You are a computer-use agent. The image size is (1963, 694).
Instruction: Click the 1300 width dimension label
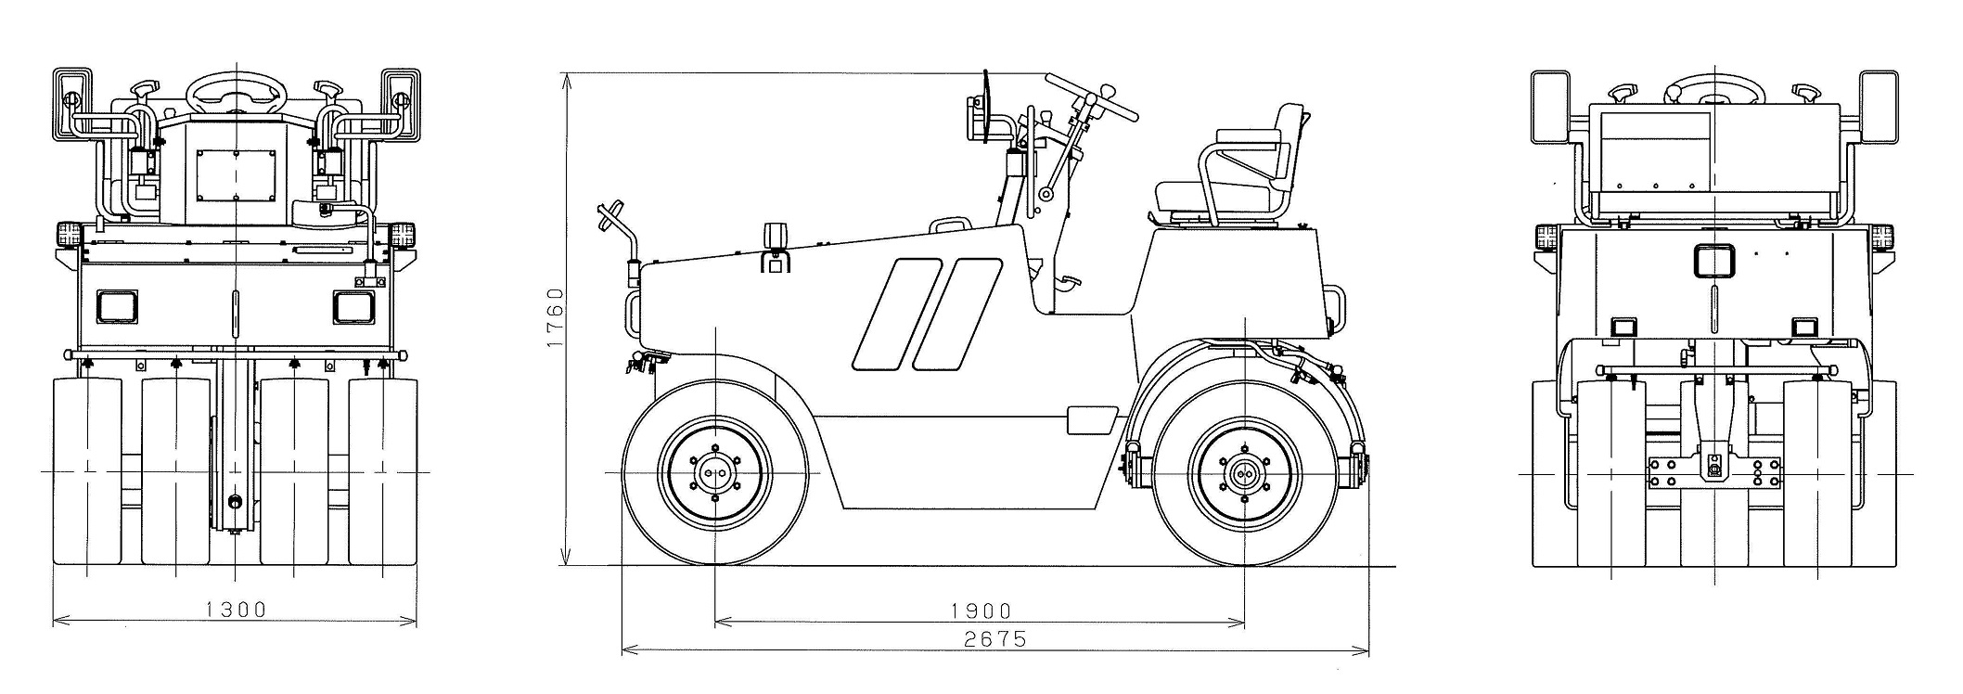(236, 610)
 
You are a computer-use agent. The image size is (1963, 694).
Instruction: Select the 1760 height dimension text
(556, 317)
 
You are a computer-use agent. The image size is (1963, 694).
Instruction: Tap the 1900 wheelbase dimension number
(981, 610)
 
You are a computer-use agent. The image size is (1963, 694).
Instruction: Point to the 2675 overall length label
(995, 639)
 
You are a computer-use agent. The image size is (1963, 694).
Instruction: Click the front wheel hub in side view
(715, 472)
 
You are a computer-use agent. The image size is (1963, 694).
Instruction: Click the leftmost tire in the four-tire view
(87, 470)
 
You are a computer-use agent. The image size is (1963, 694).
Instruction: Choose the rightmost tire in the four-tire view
(383, 470)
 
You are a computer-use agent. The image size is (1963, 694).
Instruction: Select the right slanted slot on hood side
(957, 314)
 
